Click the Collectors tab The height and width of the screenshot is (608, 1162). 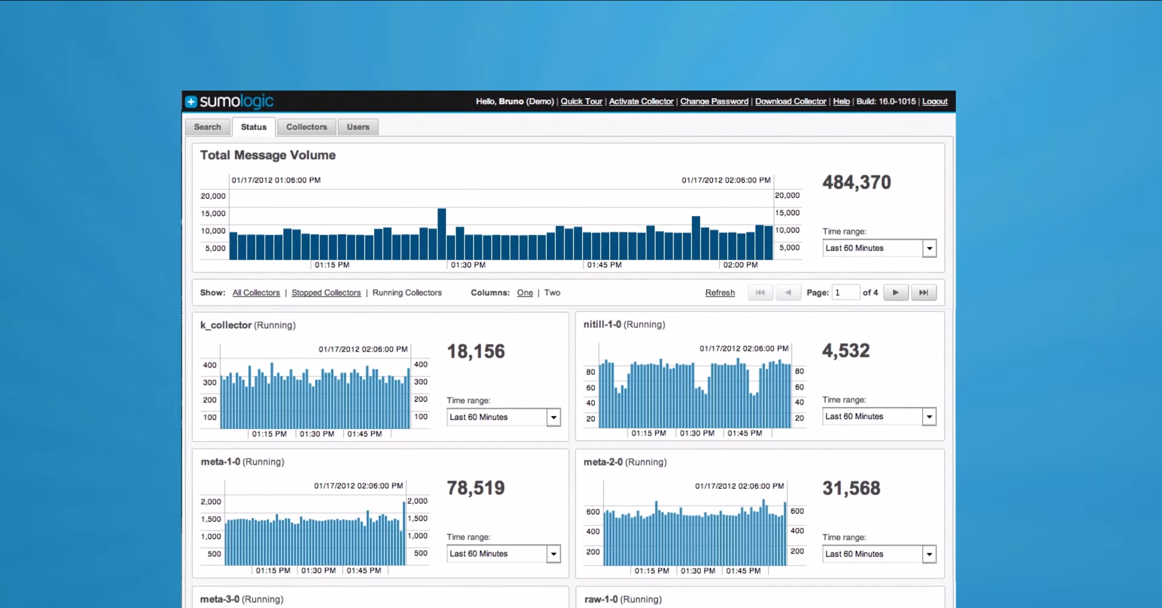[x=306, y=127]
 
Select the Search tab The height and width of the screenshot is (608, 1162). [x=208, y=127]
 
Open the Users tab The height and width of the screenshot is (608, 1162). [x=358, y=127]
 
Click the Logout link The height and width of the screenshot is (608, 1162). [x=934, y=102]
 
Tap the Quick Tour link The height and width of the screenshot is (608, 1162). [x=581, y=102]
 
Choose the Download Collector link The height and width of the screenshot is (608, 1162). [x=790, y=102]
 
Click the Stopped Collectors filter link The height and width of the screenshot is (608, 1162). [x=326, y=293]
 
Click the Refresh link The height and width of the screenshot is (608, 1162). [x=720, y=293]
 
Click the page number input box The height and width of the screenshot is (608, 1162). [x=845, y=293]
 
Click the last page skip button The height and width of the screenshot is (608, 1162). [x=924, y=293]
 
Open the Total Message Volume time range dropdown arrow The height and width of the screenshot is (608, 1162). [x=929, y=248]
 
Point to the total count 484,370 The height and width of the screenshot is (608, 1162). [x=856, y=183]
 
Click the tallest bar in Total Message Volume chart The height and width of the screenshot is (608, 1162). [x=442, y=234]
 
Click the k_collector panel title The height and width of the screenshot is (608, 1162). [x=226, y=325]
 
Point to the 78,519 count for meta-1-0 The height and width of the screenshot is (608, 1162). [x=476, y=488]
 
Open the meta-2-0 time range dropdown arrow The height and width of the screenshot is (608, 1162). [x=929, y=554]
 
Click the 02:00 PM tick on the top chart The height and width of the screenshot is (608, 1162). [x=740, y=265]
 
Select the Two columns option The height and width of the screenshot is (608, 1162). [x=552, y=293]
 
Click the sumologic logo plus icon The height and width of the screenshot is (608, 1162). [x=191, y=102]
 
